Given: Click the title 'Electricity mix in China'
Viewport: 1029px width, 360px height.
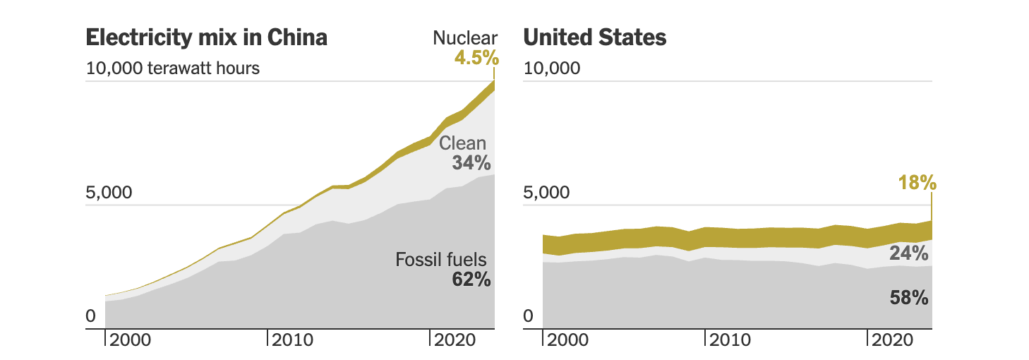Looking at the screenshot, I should click(x=206, y=37).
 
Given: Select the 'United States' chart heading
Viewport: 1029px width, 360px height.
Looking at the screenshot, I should click(x=595, y=37).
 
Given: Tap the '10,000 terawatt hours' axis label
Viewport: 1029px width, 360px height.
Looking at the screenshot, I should click(x=173, y=68).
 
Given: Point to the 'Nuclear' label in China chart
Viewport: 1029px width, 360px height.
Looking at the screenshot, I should click(x=465, y=38).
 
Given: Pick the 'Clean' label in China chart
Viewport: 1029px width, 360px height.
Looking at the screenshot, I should click(x=463, y=144).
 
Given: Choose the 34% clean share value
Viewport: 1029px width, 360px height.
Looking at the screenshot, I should click(x=471, y=163).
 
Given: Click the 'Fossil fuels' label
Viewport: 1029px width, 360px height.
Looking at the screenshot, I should click(x=441, y=260).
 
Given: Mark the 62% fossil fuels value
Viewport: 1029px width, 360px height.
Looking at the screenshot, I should click(x=471, y=280).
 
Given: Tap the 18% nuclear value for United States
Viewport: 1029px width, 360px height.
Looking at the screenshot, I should click(x=917, y=184).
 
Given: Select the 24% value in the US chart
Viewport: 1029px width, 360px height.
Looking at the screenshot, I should click(x=908, y=253).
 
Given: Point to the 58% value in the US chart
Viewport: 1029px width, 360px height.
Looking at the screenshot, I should click(x=908, y=298).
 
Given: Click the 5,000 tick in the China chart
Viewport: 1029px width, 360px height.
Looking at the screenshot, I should click(x=109, y=193).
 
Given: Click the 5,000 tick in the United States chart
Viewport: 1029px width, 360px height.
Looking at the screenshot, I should click(x=546, y=193).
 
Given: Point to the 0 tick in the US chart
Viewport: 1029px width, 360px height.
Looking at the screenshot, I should click(x=529, y=317).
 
